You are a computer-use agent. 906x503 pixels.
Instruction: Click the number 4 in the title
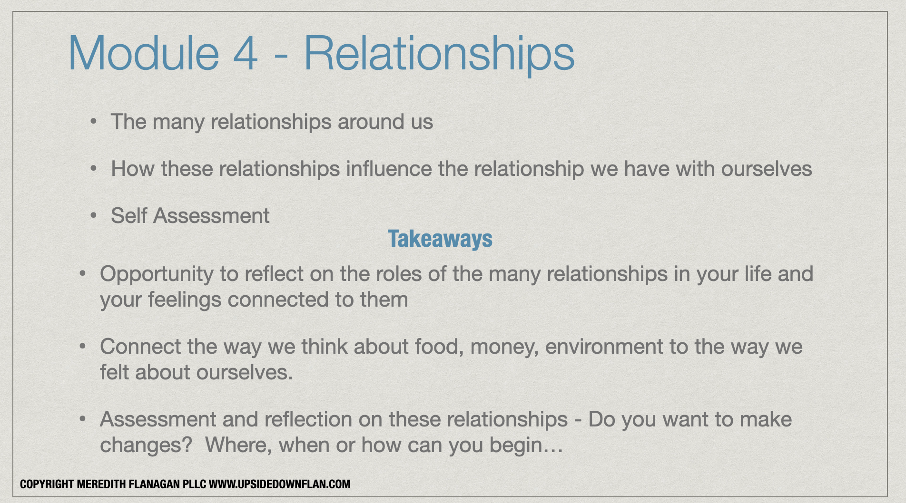point(245,53)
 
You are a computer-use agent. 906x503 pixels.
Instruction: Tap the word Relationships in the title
point(439,55)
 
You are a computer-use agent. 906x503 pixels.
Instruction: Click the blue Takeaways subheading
point(440,239)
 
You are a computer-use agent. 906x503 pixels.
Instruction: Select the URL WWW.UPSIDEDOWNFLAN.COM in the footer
point(280,484)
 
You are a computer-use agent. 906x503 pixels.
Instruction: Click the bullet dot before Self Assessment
point(94,216)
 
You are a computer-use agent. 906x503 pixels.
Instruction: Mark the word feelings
point(185,300)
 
